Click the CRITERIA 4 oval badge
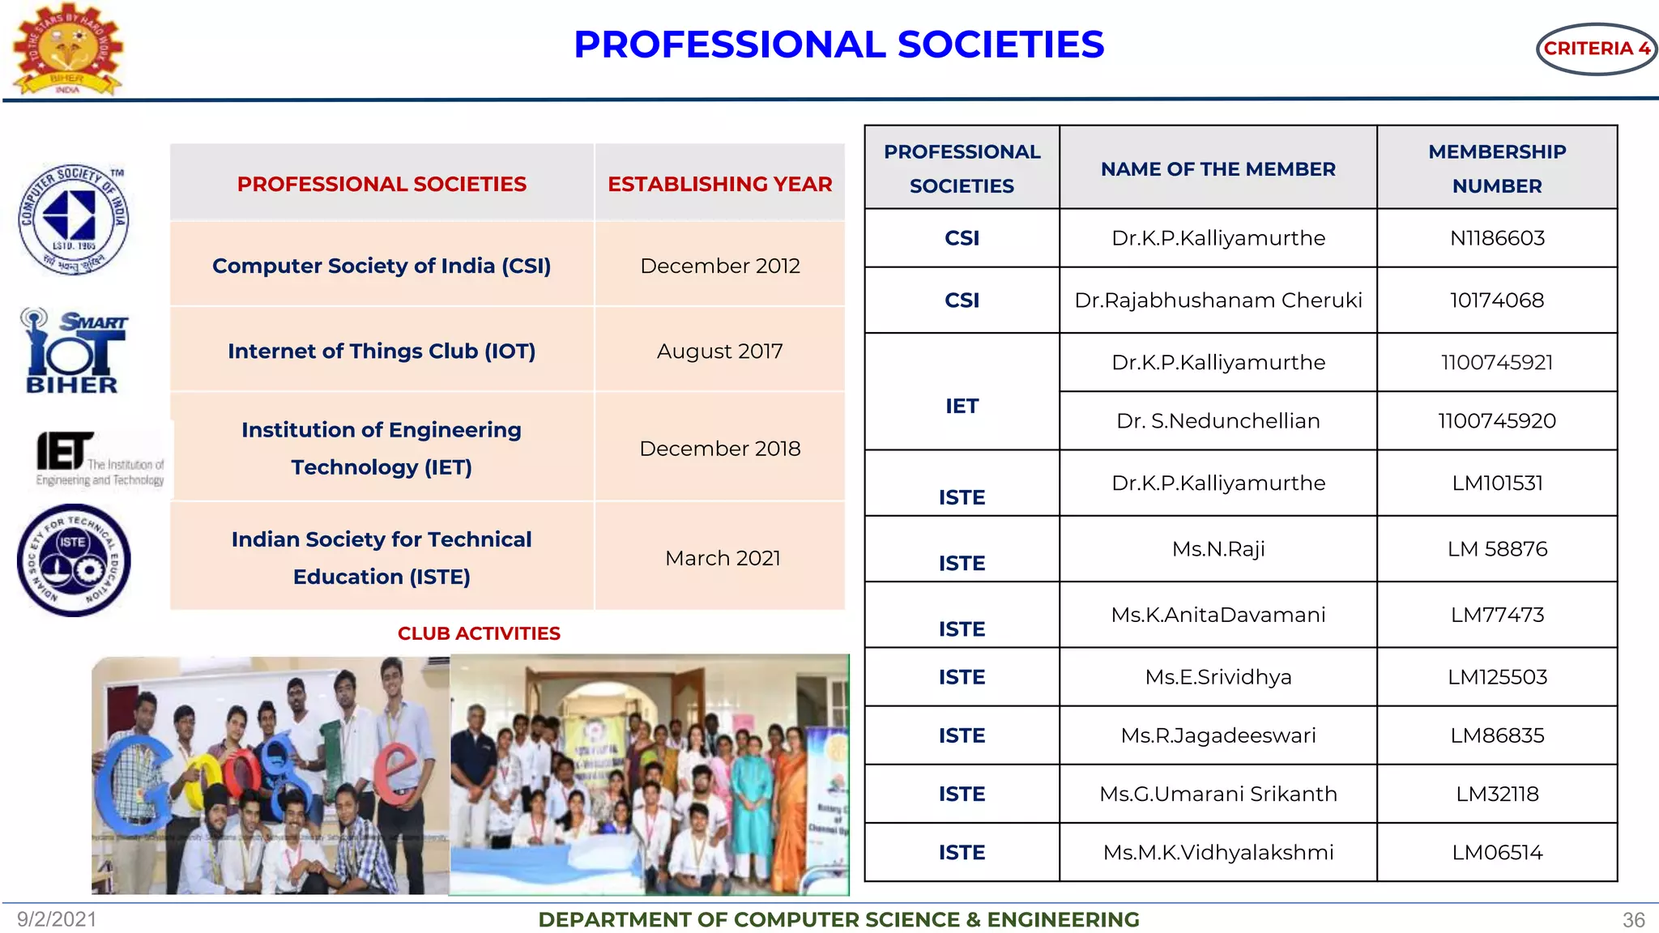(1595, 49)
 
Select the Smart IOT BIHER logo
(75, 351)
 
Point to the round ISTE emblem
(74, 560)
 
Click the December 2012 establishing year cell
(719, 266)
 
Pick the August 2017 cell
(719, 351)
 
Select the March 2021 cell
(722, 558)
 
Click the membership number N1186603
(1496, 238)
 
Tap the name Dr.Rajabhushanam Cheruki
(1218, 300)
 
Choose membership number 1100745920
(1496, 421)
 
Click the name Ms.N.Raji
(1218, 549)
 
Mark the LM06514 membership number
(1496, 852)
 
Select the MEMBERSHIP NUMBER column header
(1496, 168)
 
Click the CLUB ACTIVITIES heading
(479, 633)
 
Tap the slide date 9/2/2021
(57, 919)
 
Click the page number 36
(1633, 920)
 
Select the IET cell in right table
(962, 406)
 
